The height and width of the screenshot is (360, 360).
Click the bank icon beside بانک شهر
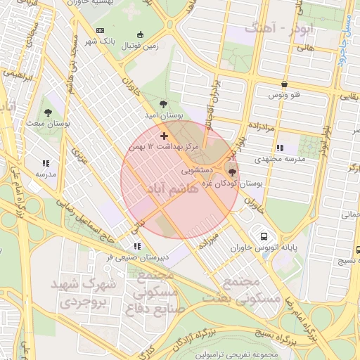(x=100, y=31)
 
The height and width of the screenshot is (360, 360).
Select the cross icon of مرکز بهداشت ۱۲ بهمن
(x=165, y=135)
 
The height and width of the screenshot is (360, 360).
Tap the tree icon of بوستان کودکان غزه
(x=233, y=171)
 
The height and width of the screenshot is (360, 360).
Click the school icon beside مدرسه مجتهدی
(x=280, y=148)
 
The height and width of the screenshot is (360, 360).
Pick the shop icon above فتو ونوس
(x=283, y=84)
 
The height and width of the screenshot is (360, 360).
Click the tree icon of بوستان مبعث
(x=47, y=112)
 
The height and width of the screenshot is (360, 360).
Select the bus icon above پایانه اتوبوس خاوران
(x=264, y=236)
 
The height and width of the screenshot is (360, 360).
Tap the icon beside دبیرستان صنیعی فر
(x=137, y=246)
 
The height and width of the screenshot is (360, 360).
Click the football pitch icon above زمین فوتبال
(x=140, y=34)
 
